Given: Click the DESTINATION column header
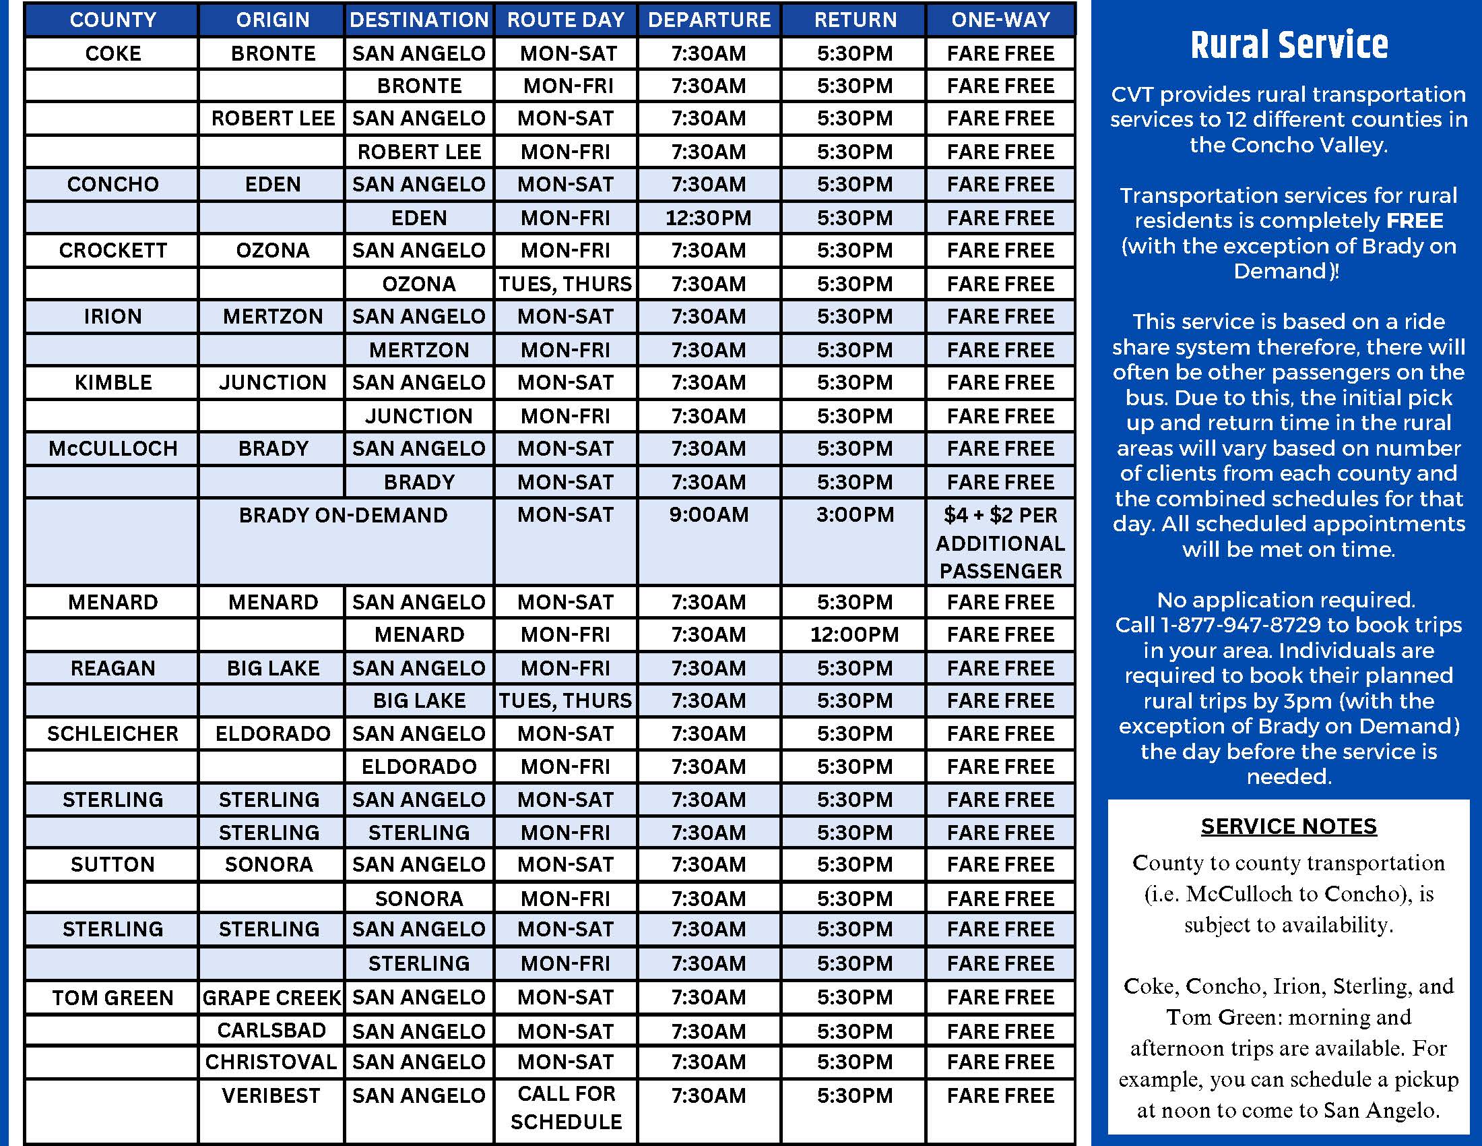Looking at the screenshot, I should pyautogui.click(x=419, y=20).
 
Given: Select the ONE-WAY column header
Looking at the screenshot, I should pyautogui.click(x=1000, y=20).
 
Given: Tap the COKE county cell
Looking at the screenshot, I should pyautogui.click(x=112, y=53).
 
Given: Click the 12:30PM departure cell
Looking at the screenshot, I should pyautogui.click(x=709, y=218).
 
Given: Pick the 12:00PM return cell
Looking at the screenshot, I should pyautogui.click(x=854, y=635).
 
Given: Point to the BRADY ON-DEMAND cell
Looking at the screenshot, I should pyautogui.click(x=344, y=515).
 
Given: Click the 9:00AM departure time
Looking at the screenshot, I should pyautogui.click(x=709, y=514).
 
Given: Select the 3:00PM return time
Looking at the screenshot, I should pyautogui.click(x=854, y=514).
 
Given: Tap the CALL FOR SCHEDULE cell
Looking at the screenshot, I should pyautogui.click(x=565, y=1108).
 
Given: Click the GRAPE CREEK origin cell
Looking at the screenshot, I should pyautogui.click(x=271, y=997).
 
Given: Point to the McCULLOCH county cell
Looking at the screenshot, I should pyautogui.click(x=112, y=448).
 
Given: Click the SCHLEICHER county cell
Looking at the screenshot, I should pyautogui.click(x=112, y=733).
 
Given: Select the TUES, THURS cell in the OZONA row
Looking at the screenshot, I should pyautogui.click(x=565, y=284).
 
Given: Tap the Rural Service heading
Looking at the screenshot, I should pyautogui.click(x=1288, y=45).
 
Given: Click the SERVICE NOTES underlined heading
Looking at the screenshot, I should pyautogui.click(x=1288, y=826).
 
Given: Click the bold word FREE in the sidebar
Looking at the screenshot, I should pyautogui.click(x=1414, y=220).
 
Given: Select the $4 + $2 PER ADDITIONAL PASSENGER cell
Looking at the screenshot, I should pyautogui.click(x=1000, y=543).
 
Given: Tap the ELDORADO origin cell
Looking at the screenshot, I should pyautogui.click(x=273, y=733).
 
